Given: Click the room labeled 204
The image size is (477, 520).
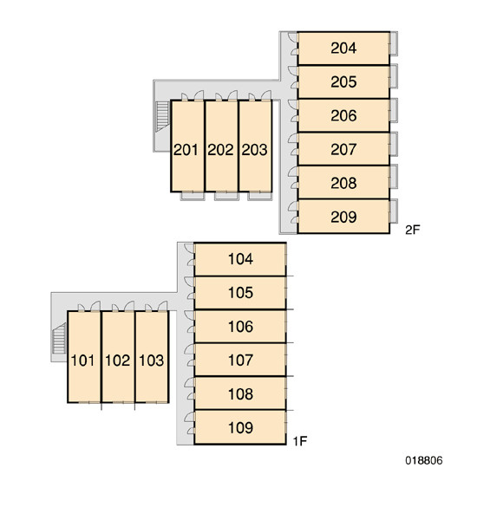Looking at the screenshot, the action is pyautogui.click(x=343, y=49).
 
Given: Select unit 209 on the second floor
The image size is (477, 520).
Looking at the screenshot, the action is pyautogui.click(x=343, y=217).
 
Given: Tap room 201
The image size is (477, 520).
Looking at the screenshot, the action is pyautogui.click(x=187, y=146).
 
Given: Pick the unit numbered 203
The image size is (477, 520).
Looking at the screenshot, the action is pyautogui.click(x=255, y=146).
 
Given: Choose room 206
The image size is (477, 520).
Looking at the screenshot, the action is pyautogui.click(x=343, y=116).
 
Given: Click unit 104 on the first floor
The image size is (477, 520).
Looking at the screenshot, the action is pyautogui.click(x=240, y=259).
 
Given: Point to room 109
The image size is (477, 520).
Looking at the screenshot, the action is pyautogui.click(x=240, y=427).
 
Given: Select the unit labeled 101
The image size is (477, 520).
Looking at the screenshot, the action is pyautogui.click(x=84, y=357).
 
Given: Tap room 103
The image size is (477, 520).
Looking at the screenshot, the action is pyautogui.click(x=152, y=357).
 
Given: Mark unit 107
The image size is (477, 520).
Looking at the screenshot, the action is pyautogui.click(x=240, y=360).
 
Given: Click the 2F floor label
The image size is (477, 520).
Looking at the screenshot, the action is pyautogui.click(x=413, y=230).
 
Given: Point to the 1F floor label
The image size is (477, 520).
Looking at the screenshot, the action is pyautogui.click(x=300, y=441).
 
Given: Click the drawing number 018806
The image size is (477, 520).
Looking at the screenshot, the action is pyautogui.click(x=424, y=460).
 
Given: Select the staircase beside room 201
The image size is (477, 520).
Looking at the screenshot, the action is pyautogui.click(x=163, y=116).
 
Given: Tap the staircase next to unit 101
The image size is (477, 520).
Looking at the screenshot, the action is pyautogui.click(x=60, y=338).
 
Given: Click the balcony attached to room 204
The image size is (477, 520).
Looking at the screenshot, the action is pyautogui.click(x=394, y=43).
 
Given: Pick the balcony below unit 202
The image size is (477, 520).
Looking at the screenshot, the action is pyautogui.click(x=226, y=196).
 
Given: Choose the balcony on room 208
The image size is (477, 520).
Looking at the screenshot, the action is pyautogui.click(x=394, y=177).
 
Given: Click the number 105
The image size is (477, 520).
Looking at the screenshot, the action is pyautogui.click(x=240, y=293).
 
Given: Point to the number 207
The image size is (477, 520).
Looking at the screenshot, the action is pyautogui.click(x=343, y=149).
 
